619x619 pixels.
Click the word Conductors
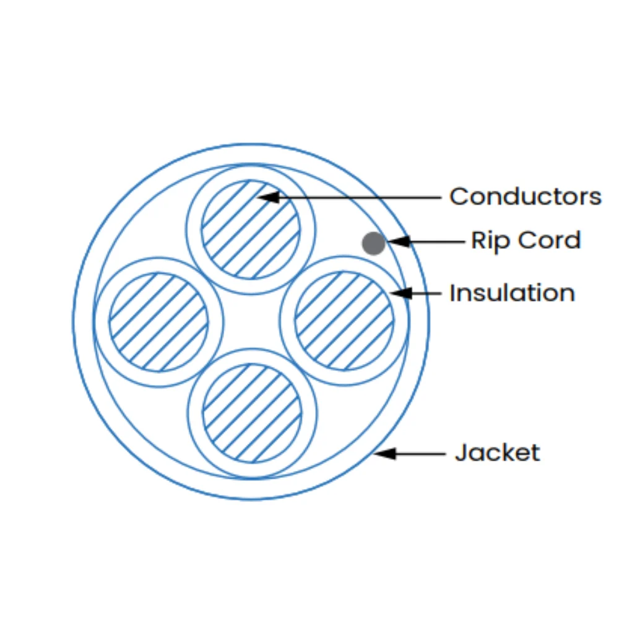[x=526, y=197]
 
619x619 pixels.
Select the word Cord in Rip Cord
[x=549, y=240]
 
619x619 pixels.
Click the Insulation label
[x=512, y=293]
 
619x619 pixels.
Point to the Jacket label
[x=498, y=452]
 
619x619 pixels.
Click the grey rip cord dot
[x=373, y=243]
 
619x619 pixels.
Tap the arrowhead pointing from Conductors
[x=269, y=197]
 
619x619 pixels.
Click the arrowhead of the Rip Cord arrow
[x=399, y=241]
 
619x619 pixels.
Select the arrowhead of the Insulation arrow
[x=400, y=293]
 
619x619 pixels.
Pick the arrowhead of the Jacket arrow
[x=385, y=454]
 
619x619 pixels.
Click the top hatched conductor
[x=251, y=230]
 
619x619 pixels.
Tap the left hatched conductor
[x=158, y=322]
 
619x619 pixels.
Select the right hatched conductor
[x=344, y=321]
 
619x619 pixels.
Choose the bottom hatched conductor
[x=253, y=413]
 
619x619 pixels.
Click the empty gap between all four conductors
[x=251, y=321]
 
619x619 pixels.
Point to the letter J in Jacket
[x=461, y=452]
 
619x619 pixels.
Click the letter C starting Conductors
[x=459, y=197]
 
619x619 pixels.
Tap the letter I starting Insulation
[x=453, y=293]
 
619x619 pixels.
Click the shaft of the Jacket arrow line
[x=420, y=454]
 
